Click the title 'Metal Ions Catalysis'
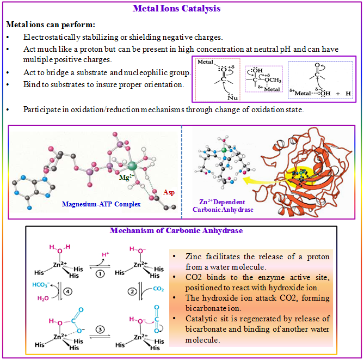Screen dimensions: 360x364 [x=182, y=9]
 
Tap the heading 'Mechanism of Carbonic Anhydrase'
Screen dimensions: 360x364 [x=176, y=230]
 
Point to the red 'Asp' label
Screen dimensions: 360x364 [x=169, y=192]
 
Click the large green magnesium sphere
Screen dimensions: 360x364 [x=133, y=164]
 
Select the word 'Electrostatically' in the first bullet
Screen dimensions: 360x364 [x=50, y=37]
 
